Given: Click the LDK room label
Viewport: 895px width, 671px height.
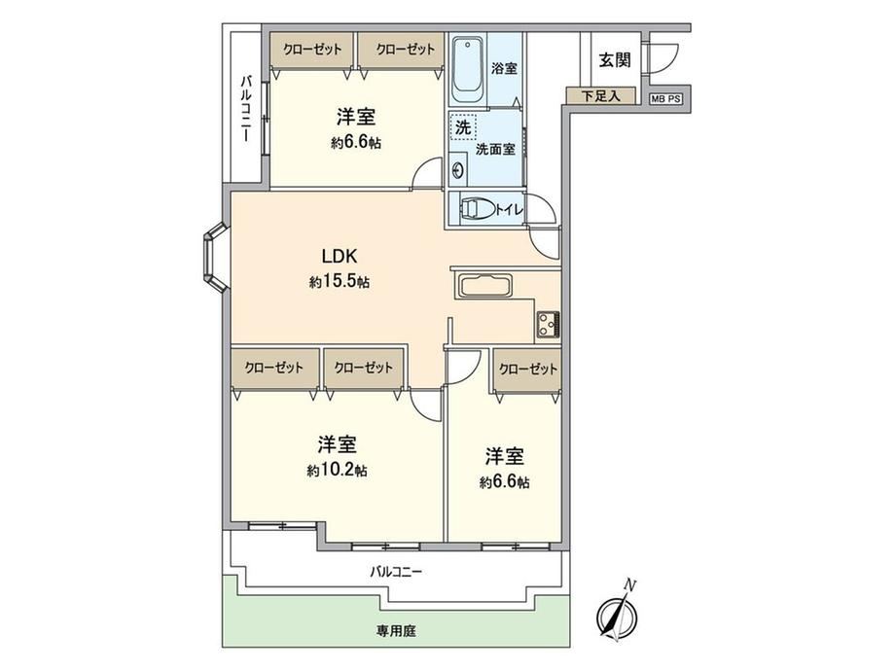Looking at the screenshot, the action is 340,256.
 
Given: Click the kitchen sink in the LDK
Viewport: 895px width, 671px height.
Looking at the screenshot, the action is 484,286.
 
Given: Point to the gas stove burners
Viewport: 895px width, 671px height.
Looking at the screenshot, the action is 548,325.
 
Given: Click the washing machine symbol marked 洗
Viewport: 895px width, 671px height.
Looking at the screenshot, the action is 462,127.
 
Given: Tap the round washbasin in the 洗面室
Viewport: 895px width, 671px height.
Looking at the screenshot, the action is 458,170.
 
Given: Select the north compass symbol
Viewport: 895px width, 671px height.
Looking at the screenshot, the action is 618,612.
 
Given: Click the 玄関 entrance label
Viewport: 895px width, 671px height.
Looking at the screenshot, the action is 615,59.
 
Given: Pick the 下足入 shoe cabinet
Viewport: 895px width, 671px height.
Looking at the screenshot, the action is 600,95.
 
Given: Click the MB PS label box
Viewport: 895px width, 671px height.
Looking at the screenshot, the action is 666,99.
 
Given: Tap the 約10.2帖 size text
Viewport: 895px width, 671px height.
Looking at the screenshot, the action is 337,471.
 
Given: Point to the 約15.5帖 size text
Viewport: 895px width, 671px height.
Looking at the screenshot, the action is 340,282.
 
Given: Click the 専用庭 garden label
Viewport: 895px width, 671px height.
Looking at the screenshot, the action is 396,631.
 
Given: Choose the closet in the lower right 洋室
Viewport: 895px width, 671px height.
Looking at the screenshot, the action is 527,370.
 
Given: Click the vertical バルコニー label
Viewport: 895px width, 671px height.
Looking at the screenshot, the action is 245,108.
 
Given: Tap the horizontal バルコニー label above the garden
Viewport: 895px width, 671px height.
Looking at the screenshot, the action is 396,571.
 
